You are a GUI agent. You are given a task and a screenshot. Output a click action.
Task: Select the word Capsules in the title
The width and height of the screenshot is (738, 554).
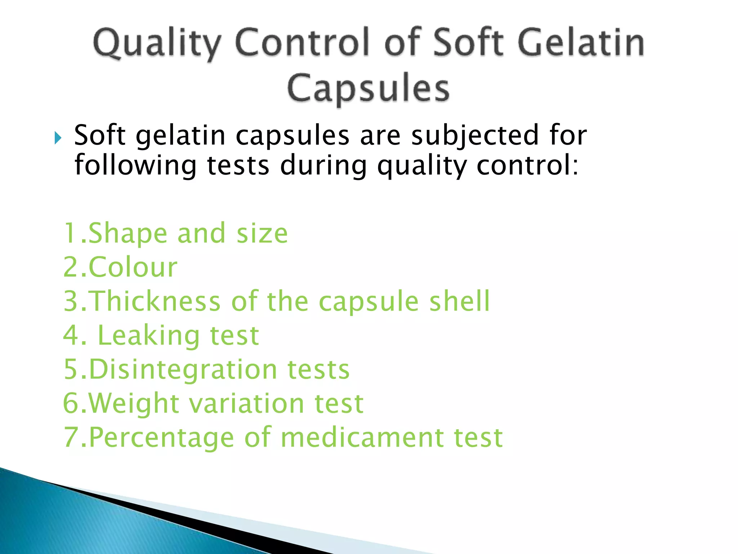click(368, 88)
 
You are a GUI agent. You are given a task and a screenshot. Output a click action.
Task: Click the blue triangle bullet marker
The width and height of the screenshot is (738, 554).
click(58, 138)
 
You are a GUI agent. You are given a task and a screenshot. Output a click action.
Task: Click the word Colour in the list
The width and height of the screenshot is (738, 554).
click(133, 267)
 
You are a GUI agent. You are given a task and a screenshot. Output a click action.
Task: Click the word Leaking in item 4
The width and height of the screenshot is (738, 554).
click(148, 335)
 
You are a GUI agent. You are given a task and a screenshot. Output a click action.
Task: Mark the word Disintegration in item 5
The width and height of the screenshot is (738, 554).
click(183, 369)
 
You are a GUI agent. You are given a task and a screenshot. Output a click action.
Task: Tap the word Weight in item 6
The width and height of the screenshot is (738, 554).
click(134, 404)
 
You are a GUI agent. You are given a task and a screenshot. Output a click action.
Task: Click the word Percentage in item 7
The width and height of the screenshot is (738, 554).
click(161, 438)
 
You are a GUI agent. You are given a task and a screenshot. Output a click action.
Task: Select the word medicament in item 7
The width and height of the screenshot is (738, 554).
click(362, 438)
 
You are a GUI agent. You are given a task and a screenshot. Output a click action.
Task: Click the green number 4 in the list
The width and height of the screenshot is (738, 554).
click(71, 335)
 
